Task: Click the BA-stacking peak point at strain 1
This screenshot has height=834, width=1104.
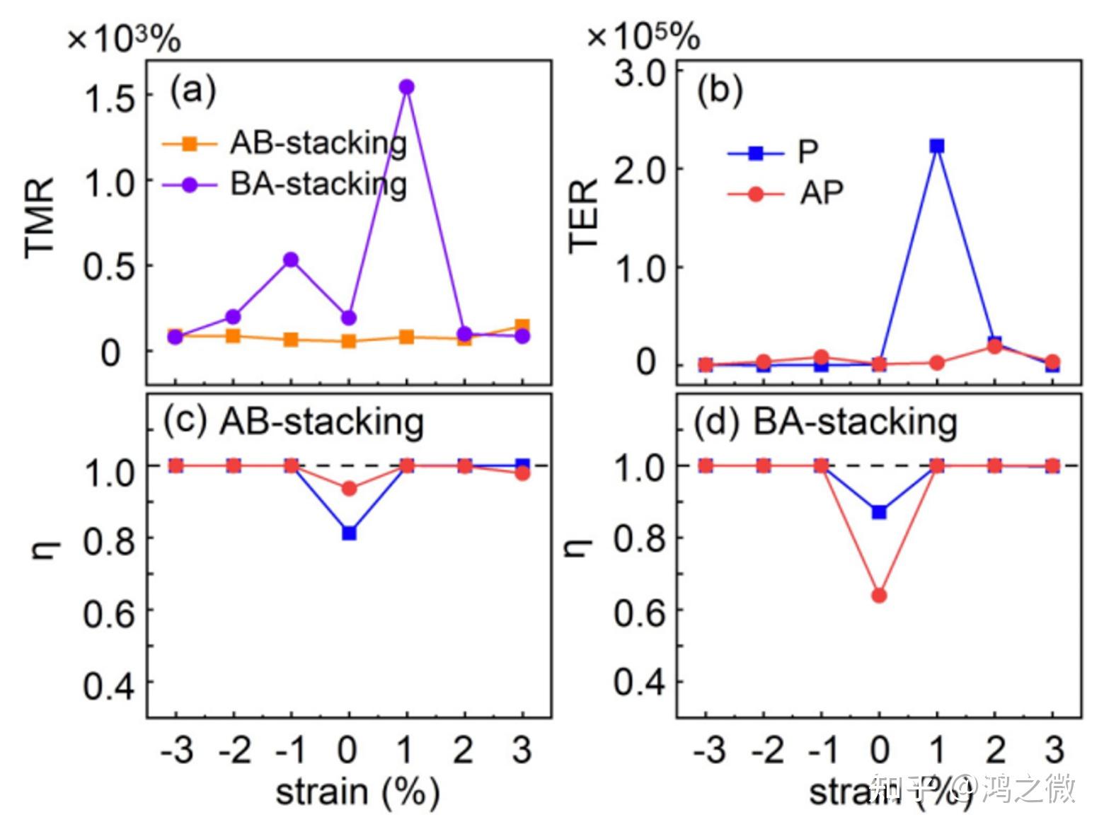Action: (406, 87)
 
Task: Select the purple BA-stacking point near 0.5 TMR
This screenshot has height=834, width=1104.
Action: (290, 260)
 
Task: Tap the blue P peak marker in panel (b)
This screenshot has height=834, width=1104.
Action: (937, 146)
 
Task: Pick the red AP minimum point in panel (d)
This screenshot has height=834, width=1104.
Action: (879, 596)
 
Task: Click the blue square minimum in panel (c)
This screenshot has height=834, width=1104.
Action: (349, 533)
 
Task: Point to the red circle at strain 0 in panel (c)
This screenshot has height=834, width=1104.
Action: (349, 489)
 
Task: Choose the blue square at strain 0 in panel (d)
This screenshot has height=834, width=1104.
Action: (879, 512)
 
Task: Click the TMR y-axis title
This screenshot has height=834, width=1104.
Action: (40, 219)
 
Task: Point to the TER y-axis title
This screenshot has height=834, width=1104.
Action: (585, 215)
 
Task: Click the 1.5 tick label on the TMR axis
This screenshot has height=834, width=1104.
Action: (110, 97)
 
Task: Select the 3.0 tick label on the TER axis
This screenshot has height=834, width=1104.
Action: (640, 74)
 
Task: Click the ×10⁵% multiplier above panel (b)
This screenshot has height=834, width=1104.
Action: (643, 37)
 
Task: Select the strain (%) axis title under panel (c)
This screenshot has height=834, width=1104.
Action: (357, 792)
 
